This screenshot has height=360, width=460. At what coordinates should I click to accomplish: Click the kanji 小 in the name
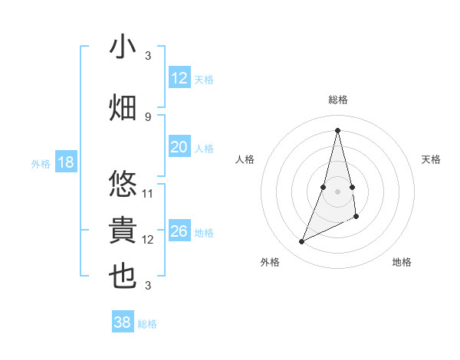tap(123, 47)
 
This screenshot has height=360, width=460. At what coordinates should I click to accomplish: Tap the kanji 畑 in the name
tap(123, 106)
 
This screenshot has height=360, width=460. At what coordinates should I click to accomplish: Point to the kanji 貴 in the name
tap(123, 231)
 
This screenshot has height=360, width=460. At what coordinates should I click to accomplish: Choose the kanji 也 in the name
tap(123, 277)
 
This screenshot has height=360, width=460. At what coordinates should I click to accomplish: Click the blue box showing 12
tap(179, 78)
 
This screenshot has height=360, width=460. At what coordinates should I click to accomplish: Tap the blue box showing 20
tap(179, 147)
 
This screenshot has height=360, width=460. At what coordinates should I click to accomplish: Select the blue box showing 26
tap(179, 231)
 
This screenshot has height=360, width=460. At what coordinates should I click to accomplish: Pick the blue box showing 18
tap(66, 162)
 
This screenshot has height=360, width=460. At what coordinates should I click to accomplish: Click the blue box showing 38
tap(123, 322)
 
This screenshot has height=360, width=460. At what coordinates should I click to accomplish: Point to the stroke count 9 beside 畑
tap(148, 116)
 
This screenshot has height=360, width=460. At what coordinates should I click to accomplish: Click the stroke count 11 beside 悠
tap(148, 193)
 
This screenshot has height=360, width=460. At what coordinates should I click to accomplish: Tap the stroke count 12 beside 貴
tap(148, 240)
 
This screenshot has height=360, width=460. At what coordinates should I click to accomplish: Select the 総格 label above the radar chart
tap(338, 100)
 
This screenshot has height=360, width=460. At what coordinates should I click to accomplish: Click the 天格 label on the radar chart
tap(432, 159)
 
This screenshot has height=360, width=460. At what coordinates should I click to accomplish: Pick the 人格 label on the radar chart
tap(245, 159)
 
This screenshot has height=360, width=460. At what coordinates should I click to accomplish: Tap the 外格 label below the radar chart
tap(270, 262)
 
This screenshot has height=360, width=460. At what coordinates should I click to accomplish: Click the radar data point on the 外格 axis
tap(302, 242)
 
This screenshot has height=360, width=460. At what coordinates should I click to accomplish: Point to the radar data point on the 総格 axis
tap(338, 130)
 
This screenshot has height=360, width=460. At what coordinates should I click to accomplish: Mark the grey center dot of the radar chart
tap(338, 180)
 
